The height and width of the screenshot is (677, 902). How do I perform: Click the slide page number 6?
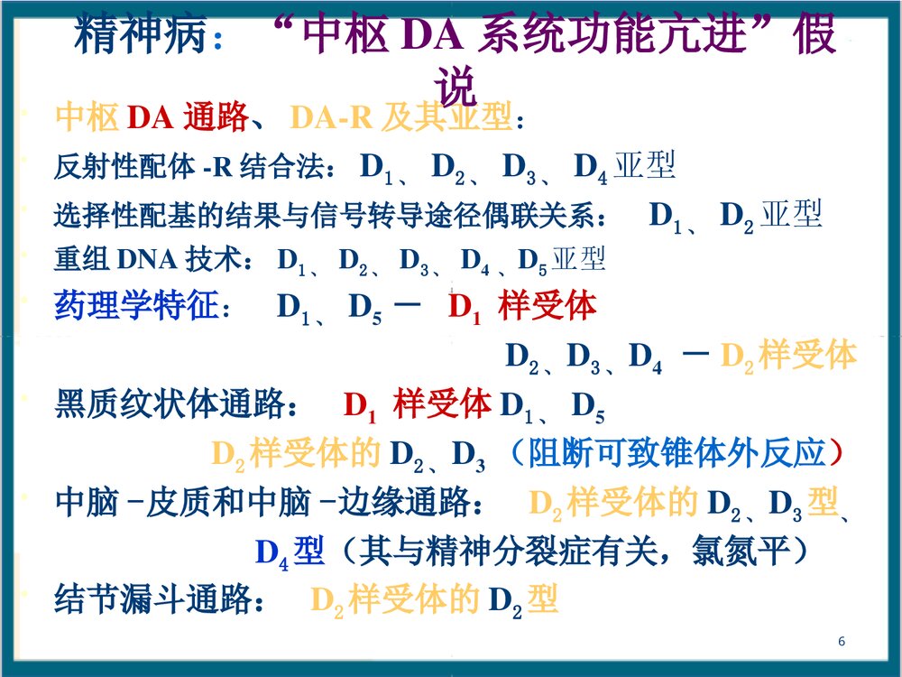click(841, 642)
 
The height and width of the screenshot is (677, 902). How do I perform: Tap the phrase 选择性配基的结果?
click(153, 217)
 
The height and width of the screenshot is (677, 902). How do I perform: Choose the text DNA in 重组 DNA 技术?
click(148, 260)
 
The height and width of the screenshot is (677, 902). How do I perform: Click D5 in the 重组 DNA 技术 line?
click(531, 262)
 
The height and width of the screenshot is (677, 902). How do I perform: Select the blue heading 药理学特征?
click(136, 307)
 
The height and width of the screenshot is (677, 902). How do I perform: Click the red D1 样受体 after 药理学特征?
click(522, 308)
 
